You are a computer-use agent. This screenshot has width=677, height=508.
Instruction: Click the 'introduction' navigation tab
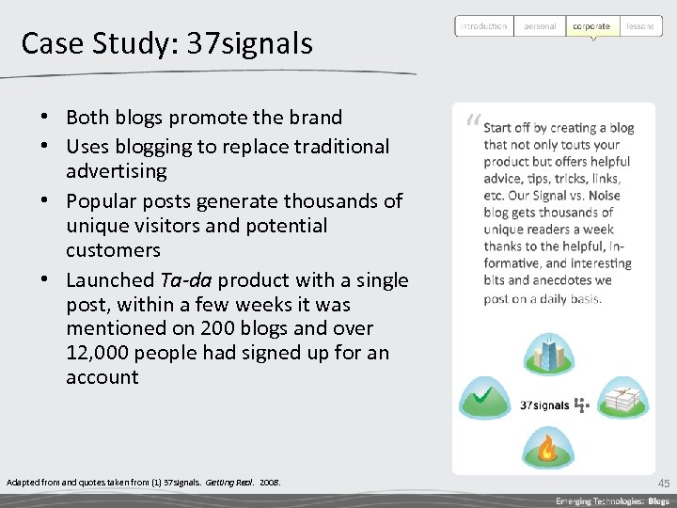pyautogui.click(x=483, y=26)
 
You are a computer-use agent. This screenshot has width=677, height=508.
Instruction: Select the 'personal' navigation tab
pyautogui.click(x=540, y=26)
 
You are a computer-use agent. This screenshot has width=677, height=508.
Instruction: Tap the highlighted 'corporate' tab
pyautogui.click(x=592, y=26)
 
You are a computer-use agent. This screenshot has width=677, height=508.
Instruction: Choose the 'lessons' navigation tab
pyautogui.click(x=639, y=26)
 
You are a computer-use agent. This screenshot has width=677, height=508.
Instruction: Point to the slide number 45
pyautogui.click(x=664, y=483)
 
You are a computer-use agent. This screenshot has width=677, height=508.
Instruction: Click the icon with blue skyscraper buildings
pyautogui.click(x=546, y=352)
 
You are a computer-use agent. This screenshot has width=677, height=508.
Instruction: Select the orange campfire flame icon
pyautogui.click(x=546, y=447)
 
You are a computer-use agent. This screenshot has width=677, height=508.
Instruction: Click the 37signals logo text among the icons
pyautogui.click(x=545, y=405)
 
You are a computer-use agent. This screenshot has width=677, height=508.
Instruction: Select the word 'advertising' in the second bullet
pyautogui.click(x=116, y=171)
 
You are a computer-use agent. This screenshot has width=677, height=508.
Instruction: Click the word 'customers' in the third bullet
pyautogui.click(x=113, y=250)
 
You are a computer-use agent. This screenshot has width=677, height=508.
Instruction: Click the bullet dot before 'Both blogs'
pyautogui.click(x=44, y=118)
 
